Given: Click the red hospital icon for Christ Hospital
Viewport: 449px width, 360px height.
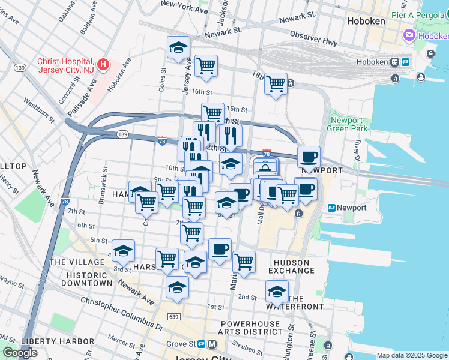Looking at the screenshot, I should point(103,63).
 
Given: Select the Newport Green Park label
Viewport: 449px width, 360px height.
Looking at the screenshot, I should point(348,124).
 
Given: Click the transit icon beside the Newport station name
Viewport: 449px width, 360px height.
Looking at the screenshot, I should point(331,208).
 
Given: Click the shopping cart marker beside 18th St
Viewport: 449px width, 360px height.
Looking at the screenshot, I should point(276,84).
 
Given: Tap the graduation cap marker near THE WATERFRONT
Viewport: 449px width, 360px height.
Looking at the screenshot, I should point(276,292).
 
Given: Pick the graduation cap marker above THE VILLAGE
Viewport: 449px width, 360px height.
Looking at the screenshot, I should point(123,251).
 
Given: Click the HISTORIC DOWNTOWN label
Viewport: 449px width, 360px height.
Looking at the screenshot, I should point(81,278).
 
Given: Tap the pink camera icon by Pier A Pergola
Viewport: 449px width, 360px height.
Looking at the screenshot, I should point(409,35).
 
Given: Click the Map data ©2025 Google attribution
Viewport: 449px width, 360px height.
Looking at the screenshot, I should point(411,355).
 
